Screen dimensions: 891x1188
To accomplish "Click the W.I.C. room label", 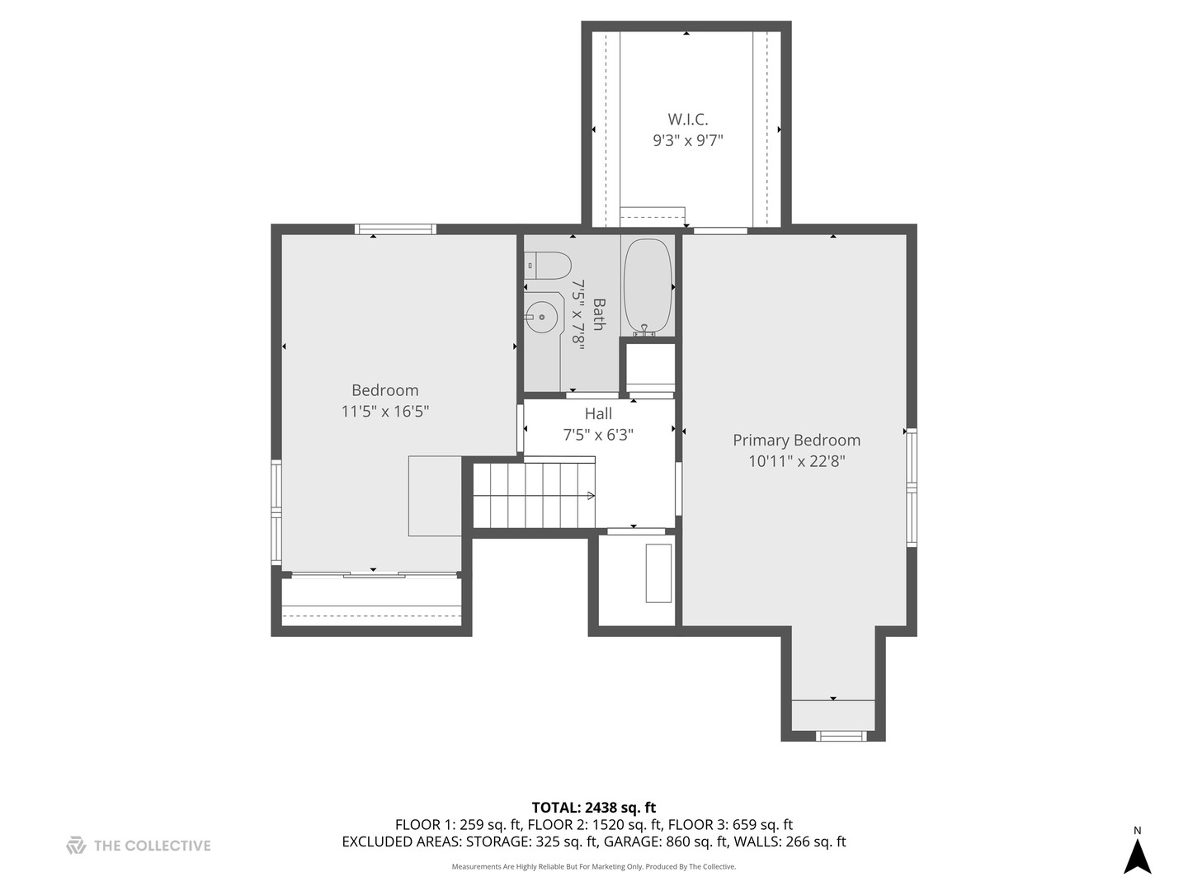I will [x=687, y=120].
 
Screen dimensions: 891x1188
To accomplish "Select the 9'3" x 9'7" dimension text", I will [x=687, y=141].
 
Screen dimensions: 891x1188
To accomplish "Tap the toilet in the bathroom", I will [x=548, y=265].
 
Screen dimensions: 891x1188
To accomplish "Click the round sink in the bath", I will [x=541, y=317].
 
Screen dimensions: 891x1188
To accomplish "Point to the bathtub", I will [x=648, y=285].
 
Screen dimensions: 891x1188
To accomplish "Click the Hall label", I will [x=598, y=413].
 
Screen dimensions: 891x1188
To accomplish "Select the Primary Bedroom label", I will [x=796, y=441].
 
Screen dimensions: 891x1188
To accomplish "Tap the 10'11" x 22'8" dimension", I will [x=796, y=462].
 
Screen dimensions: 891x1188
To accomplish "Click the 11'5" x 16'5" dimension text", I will [x=384, y=411].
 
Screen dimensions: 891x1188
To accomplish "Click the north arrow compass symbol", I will [x=1138, y=855].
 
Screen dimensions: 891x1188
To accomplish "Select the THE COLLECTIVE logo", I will [x=139, y=846].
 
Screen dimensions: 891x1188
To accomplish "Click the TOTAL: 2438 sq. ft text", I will [x=593, y=808].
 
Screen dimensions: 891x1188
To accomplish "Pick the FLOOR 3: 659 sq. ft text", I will [x=730, y=824].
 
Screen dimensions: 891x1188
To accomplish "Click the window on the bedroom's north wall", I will [x=395, y=229].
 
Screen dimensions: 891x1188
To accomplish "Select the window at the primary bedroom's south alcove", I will [x=841, y=735].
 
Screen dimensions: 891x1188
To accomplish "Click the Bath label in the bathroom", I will [x=598, y=314].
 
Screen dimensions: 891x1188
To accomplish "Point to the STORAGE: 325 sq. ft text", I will [x=531, y=842].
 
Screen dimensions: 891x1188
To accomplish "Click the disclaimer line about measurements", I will [x=593, y=867].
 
